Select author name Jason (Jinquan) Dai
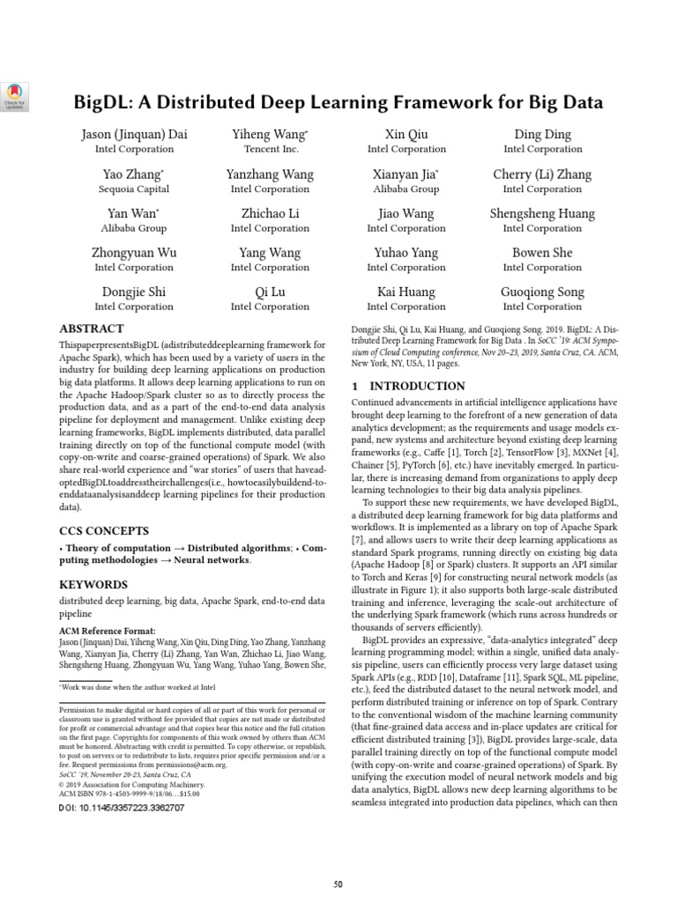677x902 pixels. [x=134, y=135]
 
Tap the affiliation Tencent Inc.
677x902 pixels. [x=270, y=150]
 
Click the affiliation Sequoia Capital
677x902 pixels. [x=134, y=189]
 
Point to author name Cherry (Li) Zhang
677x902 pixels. [x=543, y=174]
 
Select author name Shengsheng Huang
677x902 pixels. [x=543, y=213]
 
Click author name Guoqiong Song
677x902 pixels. [x=543, y=292]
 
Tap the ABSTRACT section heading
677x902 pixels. [x=91, y=329]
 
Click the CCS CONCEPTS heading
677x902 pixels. [x=103, y=531]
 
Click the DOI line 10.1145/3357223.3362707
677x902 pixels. [x=121, y=807]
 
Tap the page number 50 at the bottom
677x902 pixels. [x=338, y=884]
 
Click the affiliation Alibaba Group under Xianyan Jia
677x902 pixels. [x=406, y=189]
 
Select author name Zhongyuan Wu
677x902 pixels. [x=134, y=253]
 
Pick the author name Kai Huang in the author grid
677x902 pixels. [x=406, y=292]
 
